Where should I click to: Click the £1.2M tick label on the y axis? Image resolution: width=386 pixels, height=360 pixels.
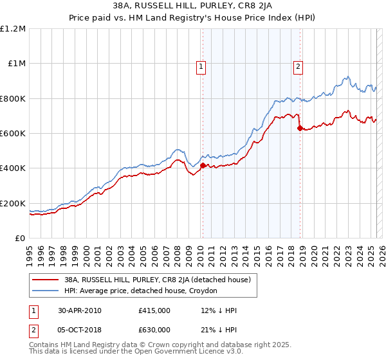(x=13, y=29)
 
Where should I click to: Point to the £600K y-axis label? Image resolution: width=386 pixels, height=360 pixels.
(x=13, y=133)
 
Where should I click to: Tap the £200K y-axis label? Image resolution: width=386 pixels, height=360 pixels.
(x=13, y=203)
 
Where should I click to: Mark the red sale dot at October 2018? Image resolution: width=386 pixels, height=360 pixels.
(x=300, y=129)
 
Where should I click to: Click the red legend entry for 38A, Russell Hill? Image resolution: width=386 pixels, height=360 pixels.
(x=161, y=280)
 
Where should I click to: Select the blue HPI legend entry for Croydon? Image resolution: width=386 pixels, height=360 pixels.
(x=140, y=291)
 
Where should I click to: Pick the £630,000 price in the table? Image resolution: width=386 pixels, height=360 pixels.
(x=154, y=330)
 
